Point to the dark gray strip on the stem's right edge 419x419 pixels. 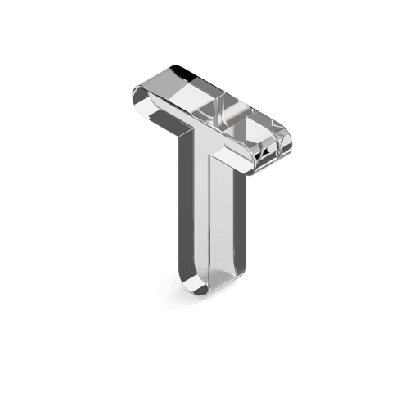(240, 219)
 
